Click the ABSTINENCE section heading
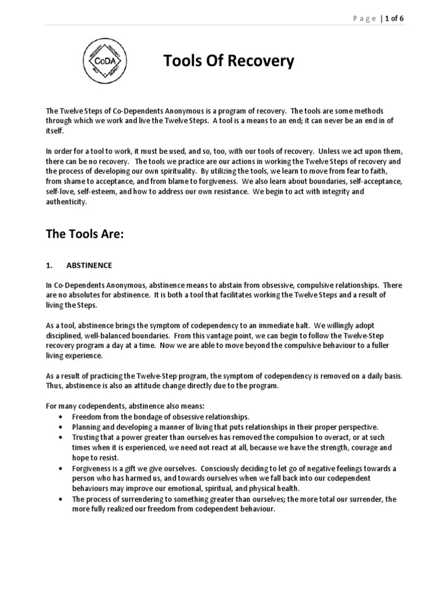click(89, 266)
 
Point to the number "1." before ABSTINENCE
click(49, 266)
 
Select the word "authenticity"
click(66, 202)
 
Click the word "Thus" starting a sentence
click(55, 386)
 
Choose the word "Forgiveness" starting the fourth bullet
click(92, 468)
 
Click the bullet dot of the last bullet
click(62, 499)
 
